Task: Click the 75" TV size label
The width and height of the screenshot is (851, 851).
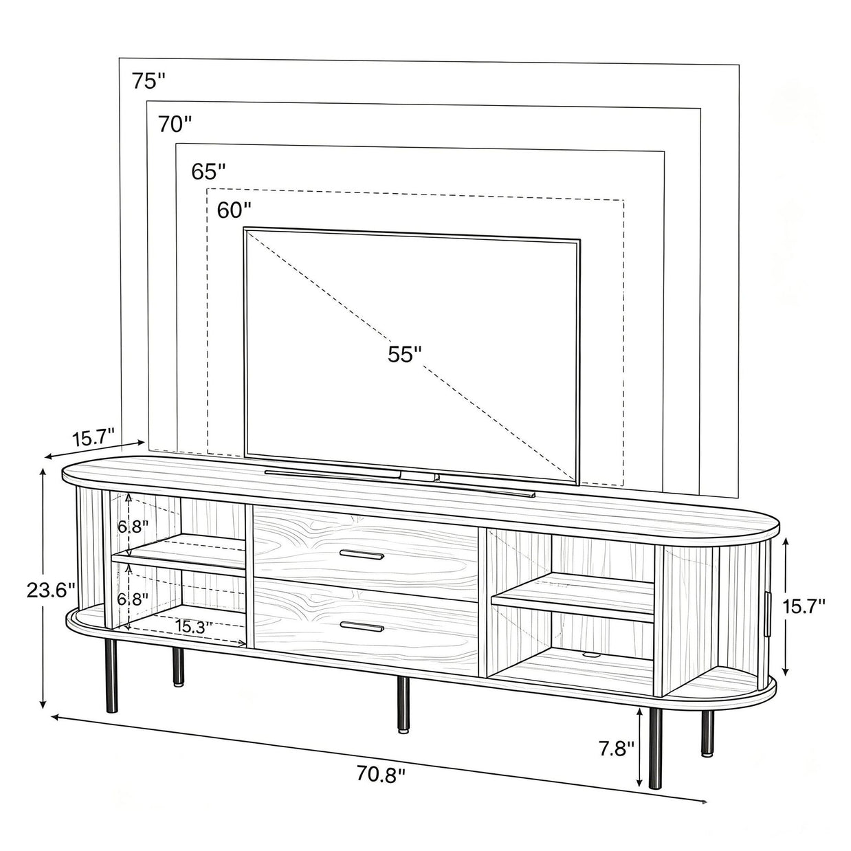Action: (x=149, y=81)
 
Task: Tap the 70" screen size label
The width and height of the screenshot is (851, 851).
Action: (x=175, y=124)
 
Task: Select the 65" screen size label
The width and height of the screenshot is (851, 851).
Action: (x=208, y=171)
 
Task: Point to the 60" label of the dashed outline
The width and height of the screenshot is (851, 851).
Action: (x=234, y=210)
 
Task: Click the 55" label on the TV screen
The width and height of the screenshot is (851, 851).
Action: (x=404, y=354)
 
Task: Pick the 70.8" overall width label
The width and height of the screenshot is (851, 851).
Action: (x=381, y=775)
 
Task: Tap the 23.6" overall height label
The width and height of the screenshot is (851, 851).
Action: (x=51, y=590)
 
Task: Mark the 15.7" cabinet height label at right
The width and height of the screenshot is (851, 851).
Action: (x=804, y=606)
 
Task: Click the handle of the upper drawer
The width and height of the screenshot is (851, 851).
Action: (x=362, y=555)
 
